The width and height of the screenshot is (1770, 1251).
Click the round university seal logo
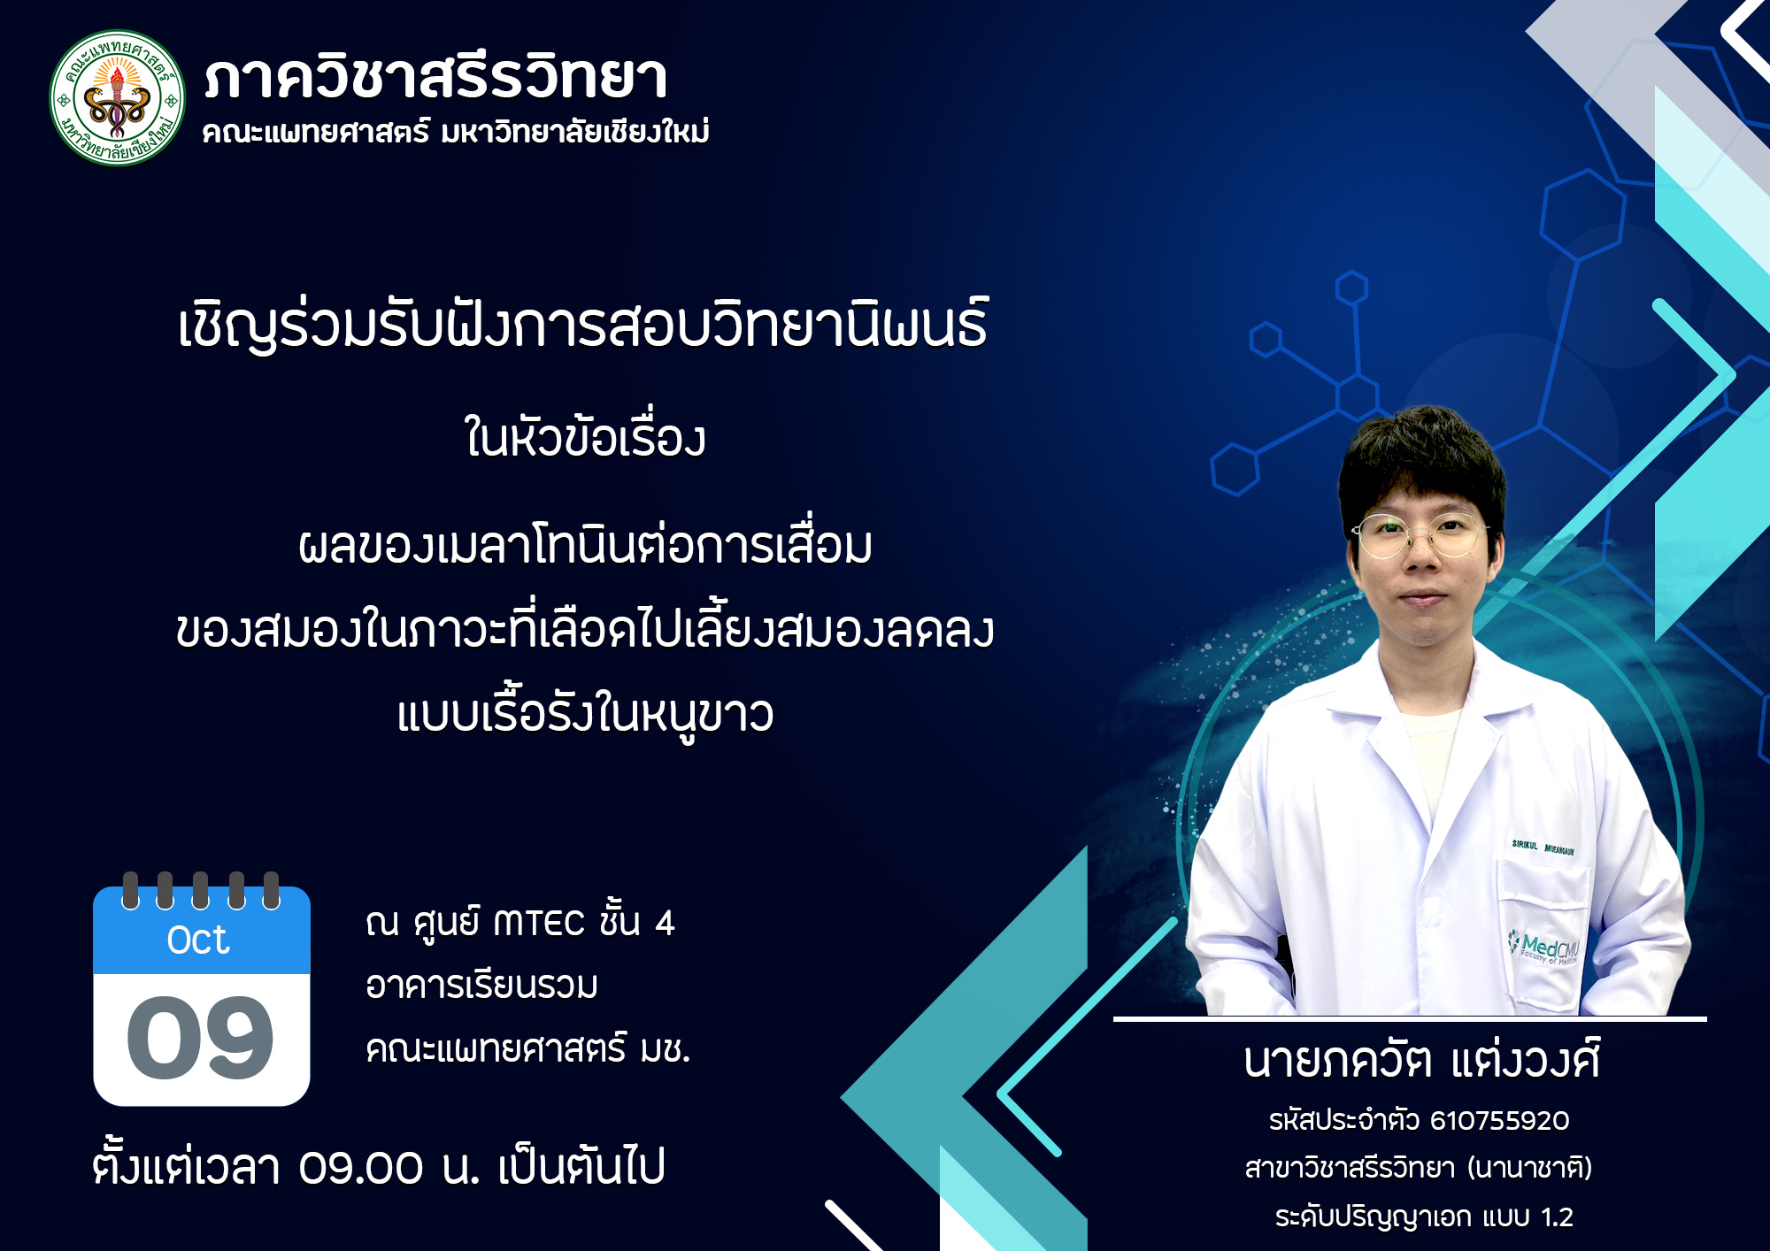118,98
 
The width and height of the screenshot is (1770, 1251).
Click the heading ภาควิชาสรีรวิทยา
435,78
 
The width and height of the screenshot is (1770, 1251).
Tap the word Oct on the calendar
198,940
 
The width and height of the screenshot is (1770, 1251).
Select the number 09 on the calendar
201,1037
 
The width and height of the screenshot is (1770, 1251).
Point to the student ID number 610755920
1499,1121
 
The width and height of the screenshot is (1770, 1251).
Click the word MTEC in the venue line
539,924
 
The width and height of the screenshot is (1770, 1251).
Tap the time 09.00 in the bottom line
361,1168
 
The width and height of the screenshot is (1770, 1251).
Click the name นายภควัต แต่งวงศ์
1421,1061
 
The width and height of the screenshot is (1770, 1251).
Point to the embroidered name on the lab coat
1543,848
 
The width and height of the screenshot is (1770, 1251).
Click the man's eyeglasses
1420,535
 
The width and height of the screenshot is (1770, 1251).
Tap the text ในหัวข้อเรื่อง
585,438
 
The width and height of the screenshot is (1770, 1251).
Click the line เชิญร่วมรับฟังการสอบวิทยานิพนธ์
583,326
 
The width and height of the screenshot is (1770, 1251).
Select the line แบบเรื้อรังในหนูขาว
585,715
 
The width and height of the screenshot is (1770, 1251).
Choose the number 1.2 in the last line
1557,1217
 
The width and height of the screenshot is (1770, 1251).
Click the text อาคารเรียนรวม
481,986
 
